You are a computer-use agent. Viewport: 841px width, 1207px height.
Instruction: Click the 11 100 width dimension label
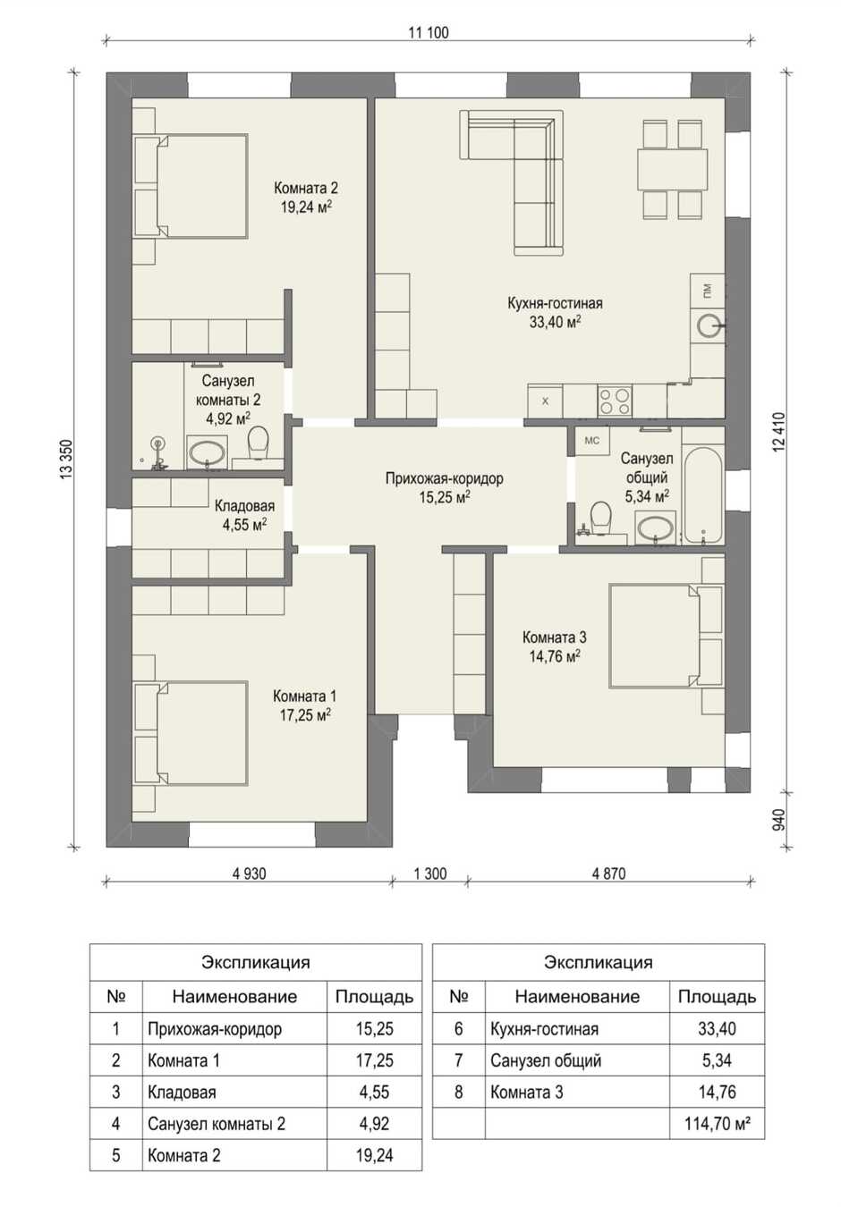pyautogui.click(x=428, y=32)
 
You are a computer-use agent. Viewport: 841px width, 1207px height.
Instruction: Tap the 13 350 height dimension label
pyautogui.click(x=67, y=460)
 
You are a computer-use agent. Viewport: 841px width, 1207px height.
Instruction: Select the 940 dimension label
pyautogui.click(x=779, y=819)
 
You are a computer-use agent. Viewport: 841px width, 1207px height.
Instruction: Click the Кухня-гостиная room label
pyautogui.click(x=555, y=303)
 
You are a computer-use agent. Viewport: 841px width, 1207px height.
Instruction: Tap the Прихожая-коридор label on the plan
pyautogui.click(x=445, y=478)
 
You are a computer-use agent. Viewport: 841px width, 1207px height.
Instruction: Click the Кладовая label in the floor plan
pyautogui.click(x=245, y=505)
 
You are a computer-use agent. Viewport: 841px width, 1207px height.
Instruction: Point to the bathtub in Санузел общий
pyautogui.click(x=702, y=495)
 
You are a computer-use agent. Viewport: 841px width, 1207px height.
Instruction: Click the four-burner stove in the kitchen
pyautogui.click(x=616, y=401)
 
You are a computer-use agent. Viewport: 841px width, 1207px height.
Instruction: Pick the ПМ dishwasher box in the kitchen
pyautogui.click(x=708, y=291)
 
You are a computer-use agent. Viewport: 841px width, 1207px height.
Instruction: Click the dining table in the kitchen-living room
pyautogui.click(x=672, y=169)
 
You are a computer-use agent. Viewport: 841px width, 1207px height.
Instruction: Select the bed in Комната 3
pyautogui.click(x=666, y=636)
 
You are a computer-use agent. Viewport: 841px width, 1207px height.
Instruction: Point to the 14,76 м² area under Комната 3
pyautogui.click(x=554, y=656)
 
